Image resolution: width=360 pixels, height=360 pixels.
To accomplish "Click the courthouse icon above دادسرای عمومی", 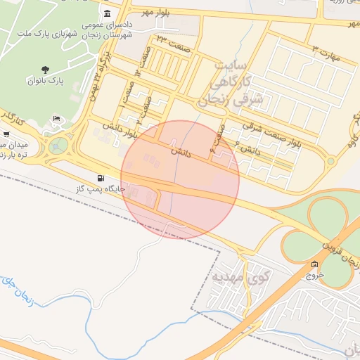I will click(x=106, y=15).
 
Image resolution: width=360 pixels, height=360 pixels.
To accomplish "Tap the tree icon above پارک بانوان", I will click(x=46, y=70).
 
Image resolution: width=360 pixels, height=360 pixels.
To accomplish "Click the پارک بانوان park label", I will click(x=46, y=82).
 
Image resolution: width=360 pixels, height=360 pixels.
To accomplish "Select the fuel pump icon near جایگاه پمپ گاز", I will click(x=103, y=179).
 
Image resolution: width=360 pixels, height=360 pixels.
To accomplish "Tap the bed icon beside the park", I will click(x=56, y=120).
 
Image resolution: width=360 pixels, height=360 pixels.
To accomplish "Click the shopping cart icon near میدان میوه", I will click(x=6, y=134).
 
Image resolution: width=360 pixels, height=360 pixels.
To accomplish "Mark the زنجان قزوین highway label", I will click(x=340, y=254).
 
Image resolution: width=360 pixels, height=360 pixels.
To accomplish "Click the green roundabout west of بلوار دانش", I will click(x=58, y=145).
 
